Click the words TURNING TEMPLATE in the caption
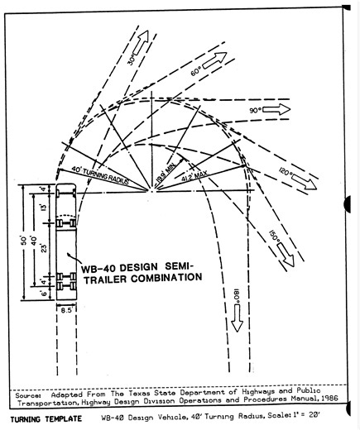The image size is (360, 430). [x=41, y=420]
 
